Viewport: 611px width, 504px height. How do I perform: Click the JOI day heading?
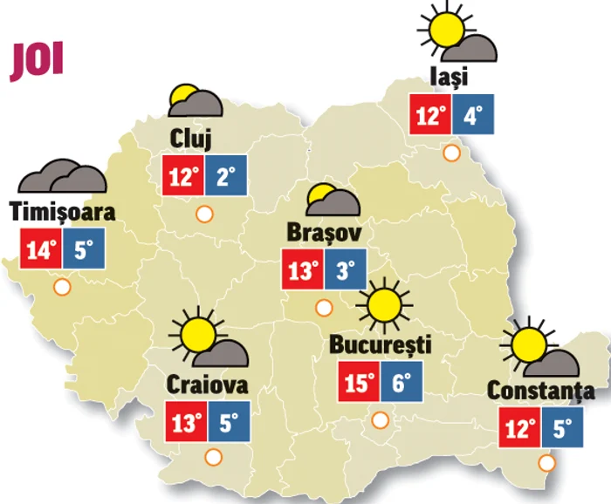click(x=36, y=60)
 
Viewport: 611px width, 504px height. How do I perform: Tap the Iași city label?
click(x=450, y=77)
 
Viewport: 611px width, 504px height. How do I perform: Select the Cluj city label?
click(x=192, y=139)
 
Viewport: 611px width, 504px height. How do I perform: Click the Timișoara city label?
click(x=63, y=212)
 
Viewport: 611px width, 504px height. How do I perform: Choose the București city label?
click(x=381, y=344)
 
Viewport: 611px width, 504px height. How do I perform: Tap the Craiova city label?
click(x=207, y=385)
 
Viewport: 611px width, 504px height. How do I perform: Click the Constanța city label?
click(x=541, y=391)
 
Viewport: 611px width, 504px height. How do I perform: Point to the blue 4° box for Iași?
click(x=473, y=115)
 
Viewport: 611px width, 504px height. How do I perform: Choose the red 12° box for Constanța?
click(x=521, y=428)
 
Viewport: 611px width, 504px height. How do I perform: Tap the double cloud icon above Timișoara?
click(x=63, y=177)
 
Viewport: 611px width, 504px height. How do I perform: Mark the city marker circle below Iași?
click(x=452, y=153)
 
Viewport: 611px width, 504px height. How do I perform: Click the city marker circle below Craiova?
click(x=212, y=456)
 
